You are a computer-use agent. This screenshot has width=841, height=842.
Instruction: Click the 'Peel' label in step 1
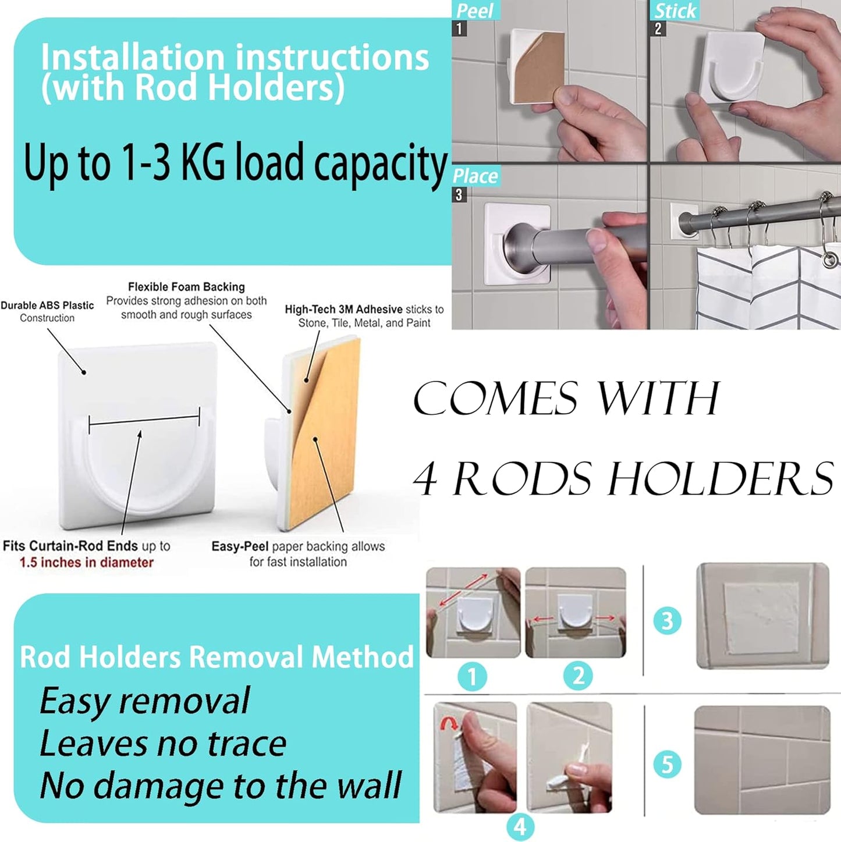point(474,10)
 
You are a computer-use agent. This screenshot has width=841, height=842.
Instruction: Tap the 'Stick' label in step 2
point(675,10)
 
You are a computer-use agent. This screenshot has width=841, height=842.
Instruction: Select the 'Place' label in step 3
point(475,176)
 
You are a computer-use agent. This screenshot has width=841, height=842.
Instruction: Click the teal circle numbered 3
point(667,620)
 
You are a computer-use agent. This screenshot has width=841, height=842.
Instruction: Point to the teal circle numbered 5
point(667,764)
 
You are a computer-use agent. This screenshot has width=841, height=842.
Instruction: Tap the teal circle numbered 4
point(520,826)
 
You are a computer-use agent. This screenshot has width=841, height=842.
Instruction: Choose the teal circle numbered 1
point(472,677)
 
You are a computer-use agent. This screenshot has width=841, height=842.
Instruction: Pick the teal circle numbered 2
point(578,676)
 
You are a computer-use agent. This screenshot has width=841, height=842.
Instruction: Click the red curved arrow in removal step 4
point(449,724)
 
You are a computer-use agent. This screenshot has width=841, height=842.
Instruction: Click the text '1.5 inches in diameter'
point(86,563)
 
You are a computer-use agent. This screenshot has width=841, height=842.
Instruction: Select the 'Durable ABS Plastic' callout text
point(47,305)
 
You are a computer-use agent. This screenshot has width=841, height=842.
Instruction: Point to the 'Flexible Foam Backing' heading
point(186,287)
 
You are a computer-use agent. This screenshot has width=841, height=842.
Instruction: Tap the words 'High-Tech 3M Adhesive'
point(343,310)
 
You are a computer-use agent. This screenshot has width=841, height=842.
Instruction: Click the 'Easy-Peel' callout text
point(239,546)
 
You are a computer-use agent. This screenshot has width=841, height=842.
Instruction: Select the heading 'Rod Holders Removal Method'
point(217,657)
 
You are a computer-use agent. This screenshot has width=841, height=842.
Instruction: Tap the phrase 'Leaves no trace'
point(163,744)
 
